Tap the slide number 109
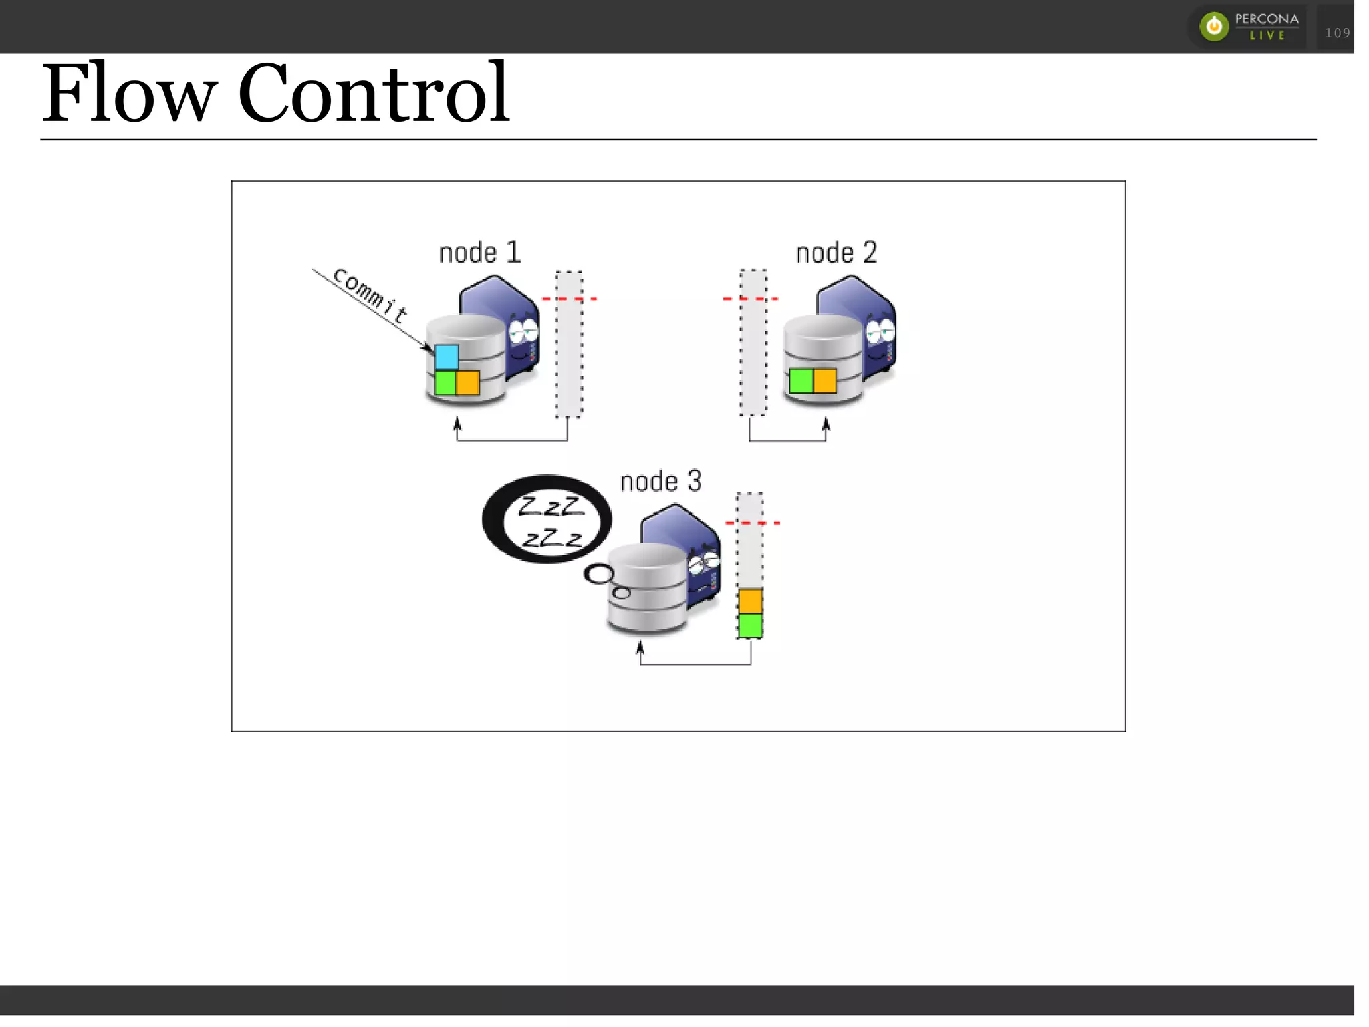(1337, 33)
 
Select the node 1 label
(479, 253)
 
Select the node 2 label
(836, 253)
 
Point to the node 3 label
(660, 482)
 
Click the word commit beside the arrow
(370, 295)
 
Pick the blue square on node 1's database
(447, 357)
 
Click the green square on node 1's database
(445, 383)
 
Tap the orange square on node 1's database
(468, 383)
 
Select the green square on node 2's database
(801, 381)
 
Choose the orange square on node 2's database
(825, 381)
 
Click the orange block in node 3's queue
(750, 601)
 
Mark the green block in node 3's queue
(750, 626)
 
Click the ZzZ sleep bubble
(547, 519)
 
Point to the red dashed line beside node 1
(569, 299)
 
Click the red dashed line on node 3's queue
(753, 523)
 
